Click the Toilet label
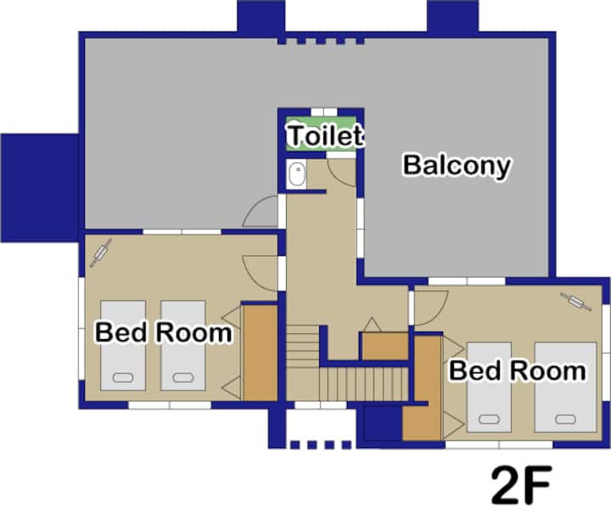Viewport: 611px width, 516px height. [325, 135]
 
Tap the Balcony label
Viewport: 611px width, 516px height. [457, 166]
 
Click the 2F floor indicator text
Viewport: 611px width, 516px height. [521, 485]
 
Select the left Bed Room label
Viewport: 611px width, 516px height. [164, 332]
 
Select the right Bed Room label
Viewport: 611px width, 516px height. [518, 371]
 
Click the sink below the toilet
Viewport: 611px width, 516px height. [297, 174]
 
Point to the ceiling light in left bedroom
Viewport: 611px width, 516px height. [101, 252]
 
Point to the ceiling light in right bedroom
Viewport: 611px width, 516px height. [576, 301]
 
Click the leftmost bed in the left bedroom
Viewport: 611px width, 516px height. [123, 345]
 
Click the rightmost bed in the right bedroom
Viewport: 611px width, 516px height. [565, 387]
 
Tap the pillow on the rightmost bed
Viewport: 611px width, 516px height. [565, 420]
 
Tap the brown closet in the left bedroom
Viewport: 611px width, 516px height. [261, 353]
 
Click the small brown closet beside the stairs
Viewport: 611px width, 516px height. [385, 346]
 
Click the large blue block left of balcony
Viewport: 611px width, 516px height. [40, 188]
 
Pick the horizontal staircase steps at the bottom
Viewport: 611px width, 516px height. [364, 384]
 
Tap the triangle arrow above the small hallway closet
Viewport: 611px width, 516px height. [373, 325]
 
